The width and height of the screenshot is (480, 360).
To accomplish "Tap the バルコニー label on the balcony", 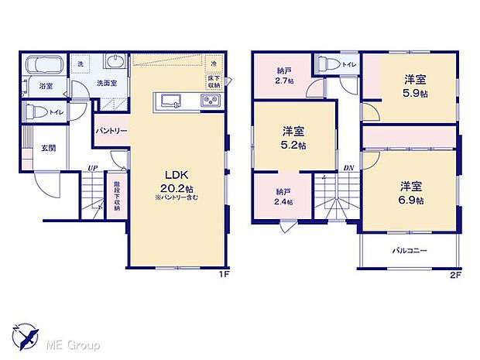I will coord(410,251).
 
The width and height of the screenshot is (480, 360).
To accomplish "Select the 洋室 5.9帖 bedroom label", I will coord(416,84).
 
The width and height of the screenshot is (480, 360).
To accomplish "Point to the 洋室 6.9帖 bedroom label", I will coord(411,193).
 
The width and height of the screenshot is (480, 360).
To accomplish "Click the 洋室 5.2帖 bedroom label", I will coord(293,139).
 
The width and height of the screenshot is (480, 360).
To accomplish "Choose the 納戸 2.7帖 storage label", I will coord(284,76).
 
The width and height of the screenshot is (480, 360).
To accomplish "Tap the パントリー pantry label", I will coord(112,132).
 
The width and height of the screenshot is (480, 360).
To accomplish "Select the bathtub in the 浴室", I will coord(46,65).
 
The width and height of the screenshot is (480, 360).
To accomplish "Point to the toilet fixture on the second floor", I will coord(326,63).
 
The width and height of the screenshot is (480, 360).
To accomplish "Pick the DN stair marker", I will coord(349,168).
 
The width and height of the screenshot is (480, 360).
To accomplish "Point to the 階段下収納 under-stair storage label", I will coord(116,196).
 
